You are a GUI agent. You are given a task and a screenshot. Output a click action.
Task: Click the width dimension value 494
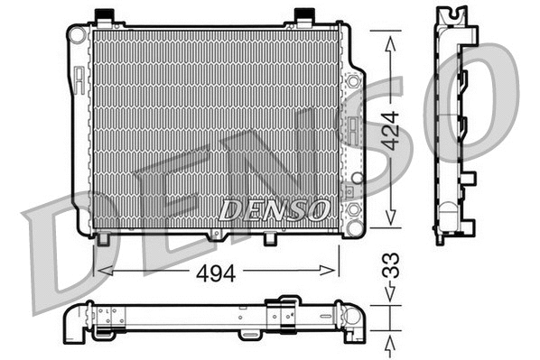[x=217, y=273]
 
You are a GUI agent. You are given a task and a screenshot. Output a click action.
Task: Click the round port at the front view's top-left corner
[x=77, y=34]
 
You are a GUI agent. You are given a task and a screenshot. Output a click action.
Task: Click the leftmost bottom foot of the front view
[x=104, y=239]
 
